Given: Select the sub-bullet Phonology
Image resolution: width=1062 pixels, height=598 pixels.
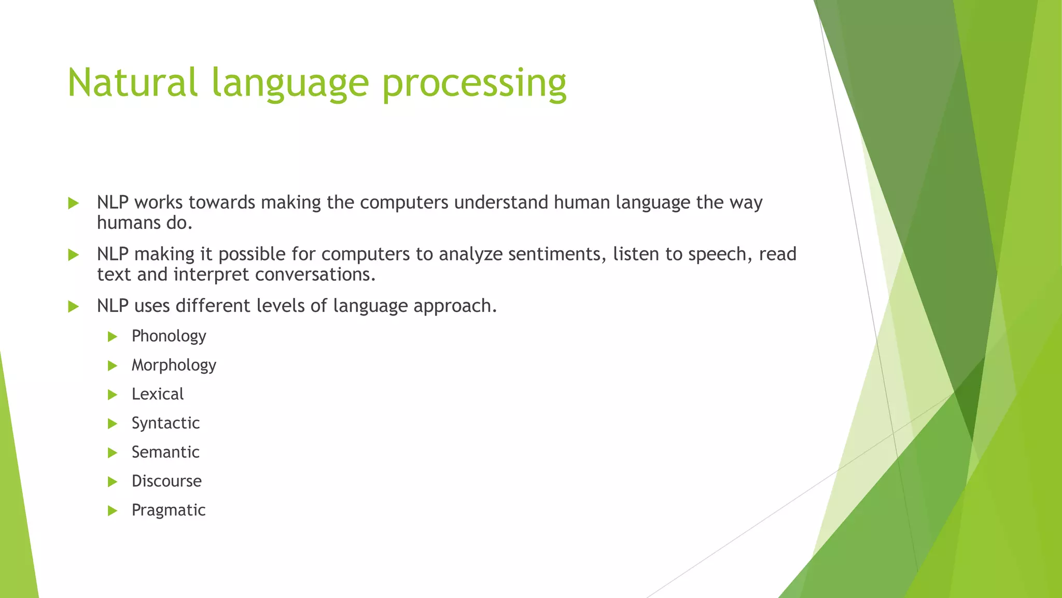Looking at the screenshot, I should click(x=169, y=336).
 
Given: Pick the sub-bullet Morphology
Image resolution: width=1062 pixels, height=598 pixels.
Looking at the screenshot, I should click(x=174, y=365).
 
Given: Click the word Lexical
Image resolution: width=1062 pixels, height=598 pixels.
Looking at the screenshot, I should click(x=157, y=394).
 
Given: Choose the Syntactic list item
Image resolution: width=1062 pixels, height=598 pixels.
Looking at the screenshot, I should click(x=165, y=423).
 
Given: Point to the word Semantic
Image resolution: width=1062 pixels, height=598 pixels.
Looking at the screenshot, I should click(x=165, y=452).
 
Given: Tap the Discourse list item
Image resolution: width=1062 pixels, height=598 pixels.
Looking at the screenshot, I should click(x=166, y=481).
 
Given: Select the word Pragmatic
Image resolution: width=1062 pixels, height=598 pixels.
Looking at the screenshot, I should click(x=169, y=510).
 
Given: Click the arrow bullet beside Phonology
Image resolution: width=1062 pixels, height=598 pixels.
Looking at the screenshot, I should click(x=113, y=337).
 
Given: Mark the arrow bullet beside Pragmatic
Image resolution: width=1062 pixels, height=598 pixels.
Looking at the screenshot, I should click(x=113, y=511).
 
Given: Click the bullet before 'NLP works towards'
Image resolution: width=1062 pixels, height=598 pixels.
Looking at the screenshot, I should click(x=73, y=203).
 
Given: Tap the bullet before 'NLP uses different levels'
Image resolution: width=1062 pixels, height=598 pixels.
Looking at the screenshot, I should click(x=73, y=306).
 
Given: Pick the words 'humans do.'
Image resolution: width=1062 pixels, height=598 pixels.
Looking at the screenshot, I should click(x=145, y=223).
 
